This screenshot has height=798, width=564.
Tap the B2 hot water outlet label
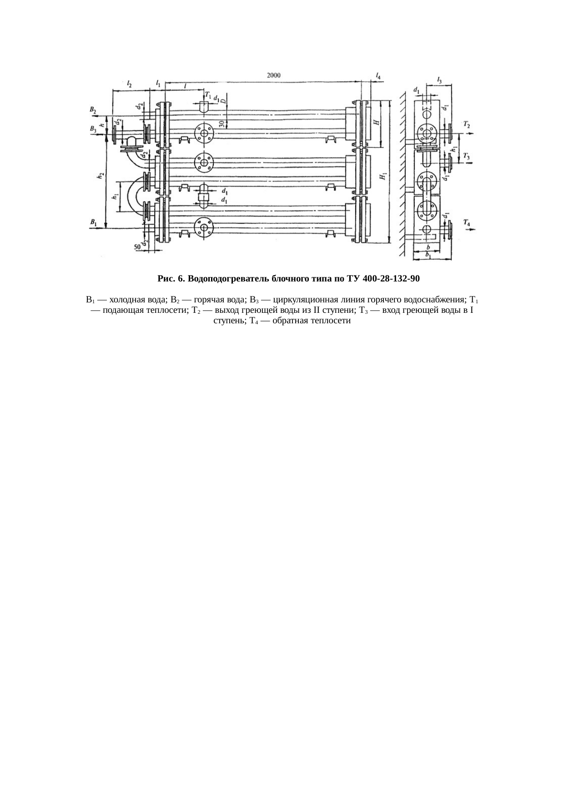pyautogui.click(x=93, y=110)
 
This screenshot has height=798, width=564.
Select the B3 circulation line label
pyautogui.click(x=93, y=130)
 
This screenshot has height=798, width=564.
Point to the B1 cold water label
pyautogui.click(x=93, y=222)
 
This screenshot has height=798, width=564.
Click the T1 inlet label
pyautogui.click(x=208, y=95)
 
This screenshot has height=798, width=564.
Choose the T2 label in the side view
pyautogui.click(x=467, y=125)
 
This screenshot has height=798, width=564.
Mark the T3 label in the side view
pyautogui.click(x=467, y=157)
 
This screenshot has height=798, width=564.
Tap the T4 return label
pyautogui.click(x=467, y=222)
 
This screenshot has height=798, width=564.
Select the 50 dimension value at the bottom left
pyautogui.click(x=136, y=246)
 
